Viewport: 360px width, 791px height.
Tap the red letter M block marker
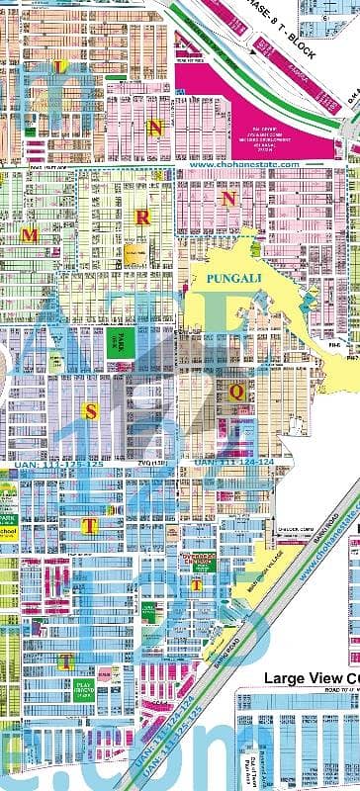(x=32, y=235)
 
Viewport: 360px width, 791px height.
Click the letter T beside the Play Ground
(x=63, y=659)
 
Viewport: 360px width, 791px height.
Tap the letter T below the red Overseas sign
(x=197, y=584)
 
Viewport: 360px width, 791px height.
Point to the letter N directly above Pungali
(x=229, y=198)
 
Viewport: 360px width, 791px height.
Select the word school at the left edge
(x=9, y=502)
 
